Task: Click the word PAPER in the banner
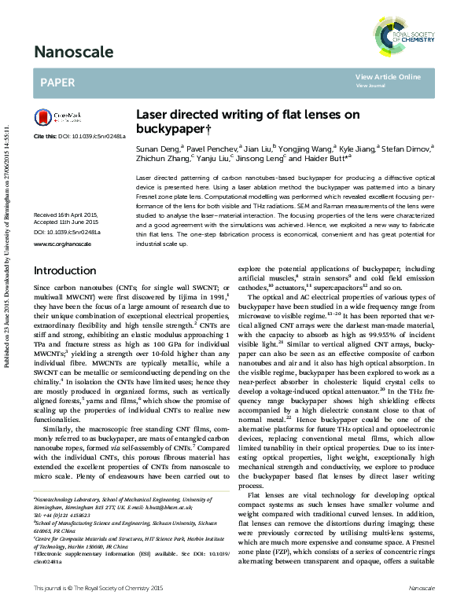(x=57, y=81)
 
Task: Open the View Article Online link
(x=388, y=76)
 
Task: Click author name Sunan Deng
(x=157, y=148)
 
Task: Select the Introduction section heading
(x=64, y=271)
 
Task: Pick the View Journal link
(x=370, y=85)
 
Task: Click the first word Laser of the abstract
(x=145, y=178)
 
